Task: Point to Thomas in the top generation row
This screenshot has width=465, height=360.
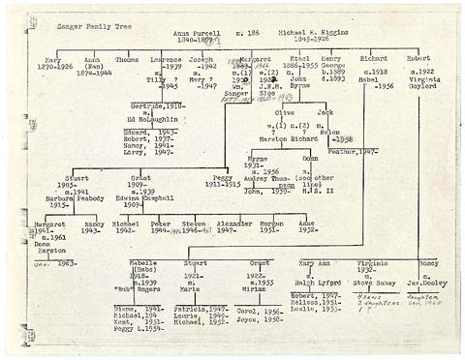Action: [x=126, y=59]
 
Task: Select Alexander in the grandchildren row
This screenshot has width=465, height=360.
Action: [x=234, y=224]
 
